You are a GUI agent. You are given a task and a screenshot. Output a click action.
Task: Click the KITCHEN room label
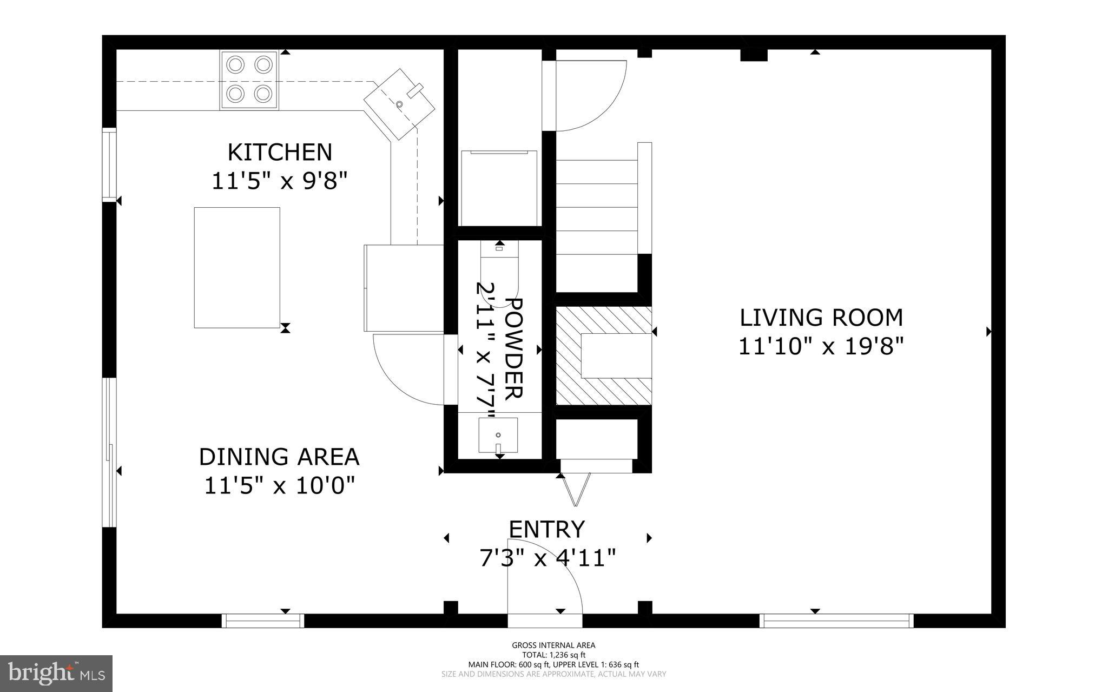pyautogui.click(x=280, y=153)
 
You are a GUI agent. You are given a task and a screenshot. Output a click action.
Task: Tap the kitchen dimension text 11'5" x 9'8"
pyautogui.click(x=279, y=181)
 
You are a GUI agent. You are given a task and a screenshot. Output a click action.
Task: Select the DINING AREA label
pyautogui.click(x=279, y=457)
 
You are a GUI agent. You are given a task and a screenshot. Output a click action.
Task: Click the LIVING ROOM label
pyautogui.click(x=821, y=318)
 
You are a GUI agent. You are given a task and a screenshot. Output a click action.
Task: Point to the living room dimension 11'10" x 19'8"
pyautogui.click(x=821, y=347)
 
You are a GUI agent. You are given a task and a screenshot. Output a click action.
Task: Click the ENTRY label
pyautogui.click(x=547, y=530)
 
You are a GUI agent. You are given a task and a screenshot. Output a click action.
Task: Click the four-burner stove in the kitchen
pyautogui.click(x=249, y=80)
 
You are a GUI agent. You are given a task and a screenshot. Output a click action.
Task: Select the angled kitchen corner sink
pyautogui.click(x=400, y=104)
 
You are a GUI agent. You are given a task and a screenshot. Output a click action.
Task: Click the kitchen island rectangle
pyautogui.click(x=237, y=267)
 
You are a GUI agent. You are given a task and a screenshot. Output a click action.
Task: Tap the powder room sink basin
pyautogui.click(x=498, y=435)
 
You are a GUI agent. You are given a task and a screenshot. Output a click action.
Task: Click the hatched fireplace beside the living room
pyautogui.click(x=603, y=355)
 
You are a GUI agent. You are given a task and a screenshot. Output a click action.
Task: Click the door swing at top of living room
pyautogui.click(x=587, y=95)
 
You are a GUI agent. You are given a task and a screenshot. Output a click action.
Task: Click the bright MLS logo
pyautogui.click(x=56, y=673)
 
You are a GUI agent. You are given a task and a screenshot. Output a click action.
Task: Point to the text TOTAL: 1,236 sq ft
pyautogui.click(x=553, y=655)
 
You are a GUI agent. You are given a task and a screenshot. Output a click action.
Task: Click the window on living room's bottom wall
pyautogui.click(x=836, y=621)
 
